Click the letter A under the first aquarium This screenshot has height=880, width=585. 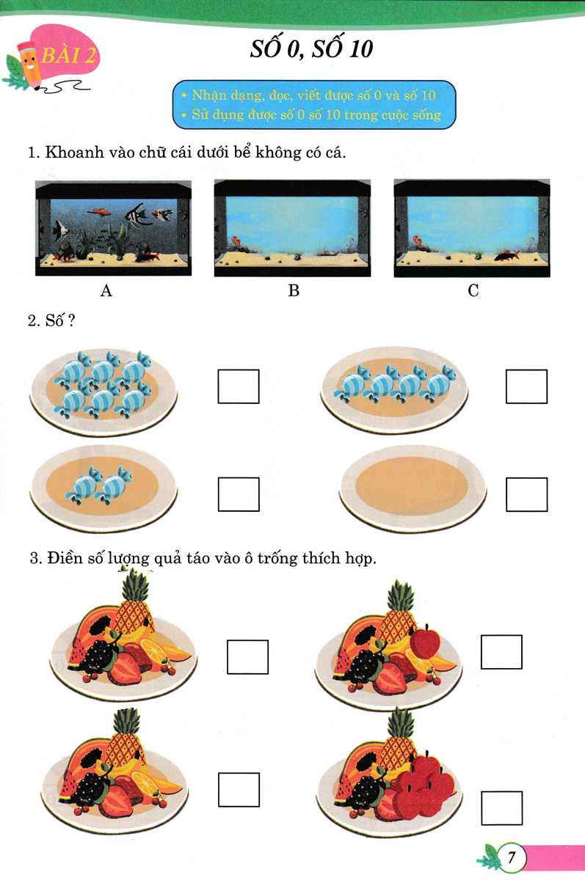tap(106, 290)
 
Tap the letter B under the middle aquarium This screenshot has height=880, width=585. tap(294, 290)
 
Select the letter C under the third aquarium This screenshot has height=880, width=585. tap(473, 290)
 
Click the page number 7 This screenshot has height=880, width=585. tap(511, 857)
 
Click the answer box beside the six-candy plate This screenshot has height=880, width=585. tap(239, 386)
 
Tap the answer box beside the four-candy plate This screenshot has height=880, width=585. tap(526, 386)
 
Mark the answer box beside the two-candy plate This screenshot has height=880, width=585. tap(239, 494)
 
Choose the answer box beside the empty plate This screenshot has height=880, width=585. tap(526, 494)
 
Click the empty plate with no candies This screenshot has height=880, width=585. tap(413, 488)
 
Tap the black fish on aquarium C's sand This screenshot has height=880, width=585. tap(506, 256)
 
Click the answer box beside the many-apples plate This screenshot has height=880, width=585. tap(501, 808)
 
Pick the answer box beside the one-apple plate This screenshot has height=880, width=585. tap(501, 652)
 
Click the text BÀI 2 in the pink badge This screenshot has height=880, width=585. tap(68, 56)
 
